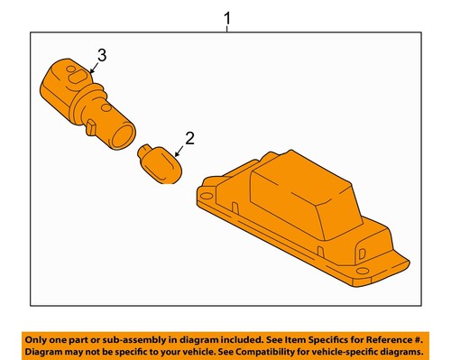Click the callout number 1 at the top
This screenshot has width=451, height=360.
point(226,16)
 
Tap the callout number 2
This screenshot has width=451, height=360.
point(189,138)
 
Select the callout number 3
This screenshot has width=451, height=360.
point(102,56)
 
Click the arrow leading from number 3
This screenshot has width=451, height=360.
point(95,66)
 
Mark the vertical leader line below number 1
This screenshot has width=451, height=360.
point(226,30)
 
